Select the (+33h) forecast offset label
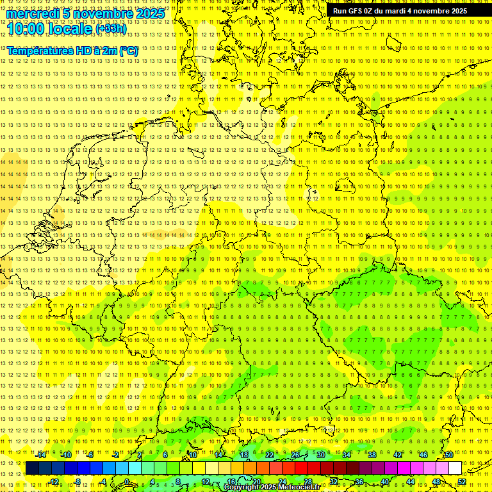[111, 29]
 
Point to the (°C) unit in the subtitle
[127, 51]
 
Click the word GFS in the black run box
[359, 11]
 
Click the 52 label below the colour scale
[462, 482]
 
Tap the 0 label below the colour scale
[127, 482]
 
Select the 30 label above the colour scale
[320, 455]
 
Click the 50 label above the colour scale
[448, 455]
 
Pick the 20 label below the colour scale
[256, 482]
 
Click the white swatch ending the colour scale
[455, 468]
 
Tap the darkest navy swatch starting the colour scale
[32, 468]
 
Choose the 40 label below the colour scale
[384, 482]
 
